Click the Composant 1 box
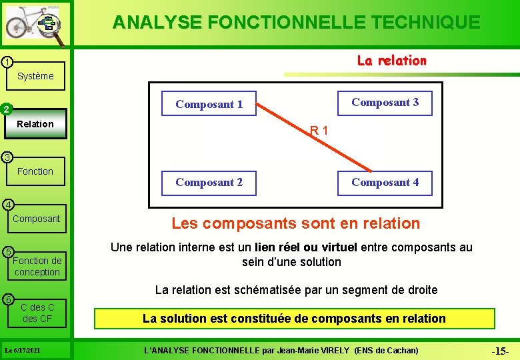coord(209,104)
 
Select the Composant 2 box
coord(209,183)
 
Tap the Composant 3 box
coord(385,103)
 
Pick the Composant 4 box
coord(385,183)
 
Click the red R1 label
coord(319,131)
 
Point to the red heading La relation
coord(391,61)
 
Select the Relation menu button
coord(35,124)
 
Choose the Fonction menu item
coord(35,171)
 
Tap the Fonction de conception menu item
coord(37,266)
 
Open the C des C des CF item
coord(37,313)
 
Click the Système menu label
coord(35,76)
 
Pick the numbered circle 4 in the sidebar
coord(6,204)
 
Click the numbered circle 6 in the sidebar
coord(6,299)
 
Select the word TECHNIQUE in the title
coord(423,22)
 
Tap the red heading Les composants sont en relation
coord(296,223)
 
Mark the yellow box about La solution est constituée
coord(294,319)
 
